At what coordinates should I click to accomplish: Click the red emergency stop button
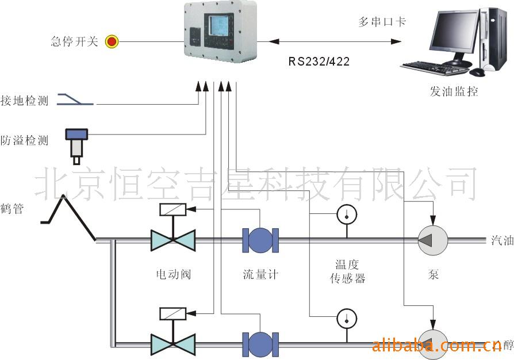pos(111,41)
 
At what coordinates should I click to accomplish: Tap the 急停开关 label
pos(75,41)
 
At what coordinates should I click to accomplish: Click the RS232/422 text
pos(319,60)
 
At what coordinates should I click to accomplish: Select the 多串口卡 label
pos(382,22)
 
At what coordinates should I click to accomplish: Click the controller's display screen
pos(220,27)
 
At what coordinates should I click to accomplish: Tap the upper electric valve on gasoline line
pos(173,240)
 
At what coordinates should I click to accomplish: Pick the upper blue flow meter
pos(260,240)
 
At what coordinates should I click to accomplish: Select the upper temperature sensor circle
pos(347,214)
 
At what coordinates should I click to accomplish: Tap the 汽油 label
pos(502,240)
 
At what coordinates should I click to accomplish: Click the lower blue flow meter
pos(260,343)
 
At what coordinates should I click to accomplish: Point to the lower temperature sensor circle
pos(347,317)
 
